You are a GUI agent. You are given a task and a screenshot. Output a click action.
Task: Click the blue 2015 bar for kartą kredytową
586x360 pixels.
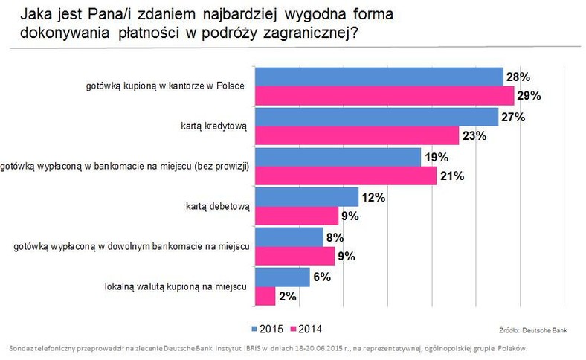[377, 117]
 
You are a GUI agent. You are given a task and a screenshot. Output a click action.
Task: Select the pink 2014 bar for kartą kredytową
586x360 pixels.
[357, 135]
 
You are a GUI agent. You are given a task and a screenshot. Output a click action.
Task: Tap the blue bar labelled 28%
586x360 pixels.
[379, 77]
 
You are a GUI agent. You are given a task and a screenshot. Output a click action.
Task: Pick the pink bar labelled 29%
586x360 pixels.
[384, 96]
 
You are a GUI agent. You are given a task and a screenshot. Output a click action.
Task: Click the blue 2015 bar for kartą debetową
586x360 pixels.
[307, 197]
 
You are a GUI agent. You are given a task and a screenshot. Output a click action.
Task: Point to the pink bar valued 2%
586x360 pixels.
[265, 296]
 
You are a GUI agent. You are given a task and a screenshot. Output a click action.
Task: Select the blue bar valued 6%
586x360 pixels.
[283, 277]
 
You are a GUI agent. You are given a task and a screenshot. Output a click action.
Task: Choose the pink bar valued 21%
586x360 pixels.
[346, 176]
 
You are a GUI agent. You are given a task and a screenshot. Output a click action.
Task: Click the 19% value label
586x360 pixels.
[437, 158]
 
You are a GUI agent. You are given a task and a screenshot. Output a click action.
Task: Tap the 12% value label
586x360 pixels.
[373, 197]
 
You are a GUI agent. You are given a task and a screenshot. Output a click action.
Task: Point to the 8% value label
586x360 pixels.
[335, 237]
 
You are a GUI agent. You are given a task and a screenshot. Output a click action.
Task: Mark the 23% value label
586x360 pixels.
[474, 135]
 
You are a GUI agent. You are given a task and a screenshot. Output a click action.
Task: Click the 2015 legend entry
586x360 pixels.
[267, 329]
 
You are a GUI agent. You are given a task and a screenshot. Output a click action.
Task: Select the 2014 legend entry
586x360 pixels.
[306, 329]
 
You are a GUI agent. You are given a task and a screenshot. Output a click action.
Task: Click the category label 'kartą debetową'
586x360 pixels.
[217, 206]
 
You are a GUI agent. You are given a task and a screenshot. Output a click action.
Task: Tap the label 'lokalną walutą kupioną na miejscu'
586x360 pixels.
[176, 286]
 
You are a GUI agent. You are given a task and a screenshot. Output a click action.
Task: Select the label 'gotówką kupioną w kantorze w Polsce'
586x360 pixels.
[165, 86]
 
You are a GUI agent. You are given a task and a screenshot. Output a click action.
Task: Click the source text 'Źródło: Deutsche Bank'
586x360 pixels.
[533, 330]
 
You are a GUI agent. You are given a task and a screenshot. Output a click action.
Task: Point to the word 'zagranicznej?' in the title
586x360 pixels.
[311, 33]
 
